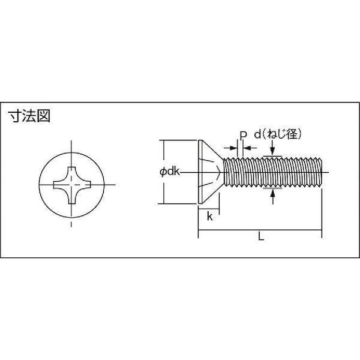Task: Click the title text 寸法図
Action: (x=29, y=116)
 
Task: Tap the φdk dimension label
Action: (x=169, y=172)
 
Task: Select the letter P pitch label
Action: (x=243, y=135)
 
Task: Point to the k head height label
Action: (x=209, y=216)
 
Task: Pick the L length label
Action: (x=261, y=236)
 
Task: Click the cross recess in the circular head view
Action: (x=72, y=185)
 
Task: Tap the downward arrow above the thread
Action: (x=272, y=148)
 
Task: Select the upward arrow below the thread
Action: (x=272, y=197)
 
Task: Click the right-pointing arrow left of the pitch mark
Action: (x=230, y=148)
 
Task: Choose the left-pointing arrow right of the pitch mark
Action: (x=250, y=148)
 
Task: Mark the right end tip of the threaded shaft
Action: (x=322, y=172)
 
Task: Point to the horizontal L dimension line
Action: (x=260, y=230)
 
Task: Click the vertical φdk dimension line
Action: (x=164, y=172)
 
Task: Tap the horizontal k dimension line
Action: (x=209, y=209)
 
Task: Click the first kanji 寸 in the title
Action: (x=15, y=116)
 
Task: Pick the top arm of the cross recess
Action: (x=72, y=173)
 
